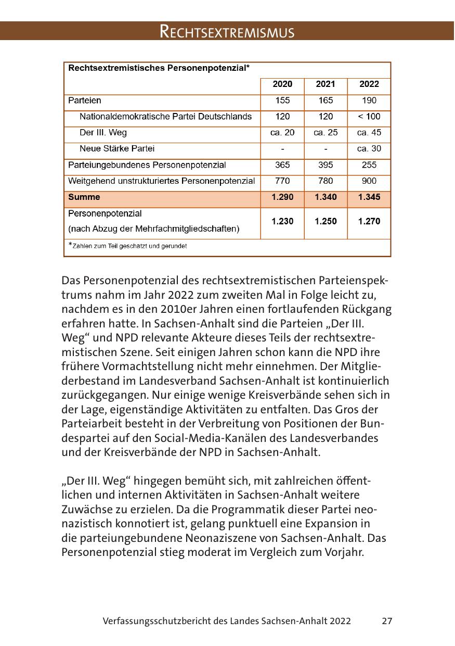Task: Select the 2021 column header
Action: coord(326,84)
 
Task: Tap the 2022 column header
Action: coord(369,84)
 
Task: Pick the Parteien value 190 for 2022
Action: coord(369,100)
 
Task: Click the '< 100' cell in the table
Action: coord(369,117)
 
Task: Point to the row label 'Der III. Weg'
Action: coord(103,133)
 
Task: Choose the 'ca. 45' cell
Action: coord(369,133)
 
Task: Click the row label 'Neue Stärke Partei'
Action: coord(117,149)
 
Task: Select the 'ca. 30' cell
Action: coord(369,149)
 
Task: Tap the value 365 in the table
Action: coord(282,165)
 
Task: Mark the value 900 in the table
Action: coord(369,181)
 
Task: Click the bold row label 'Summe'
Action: coord(84,197)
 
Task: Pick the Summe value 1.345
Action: coord(369,197)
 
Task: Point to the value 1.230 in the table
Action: coord(282,221)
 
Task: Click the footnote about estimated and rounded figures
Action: coord(128,246)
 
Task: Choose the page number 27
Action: coord(386,621)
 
